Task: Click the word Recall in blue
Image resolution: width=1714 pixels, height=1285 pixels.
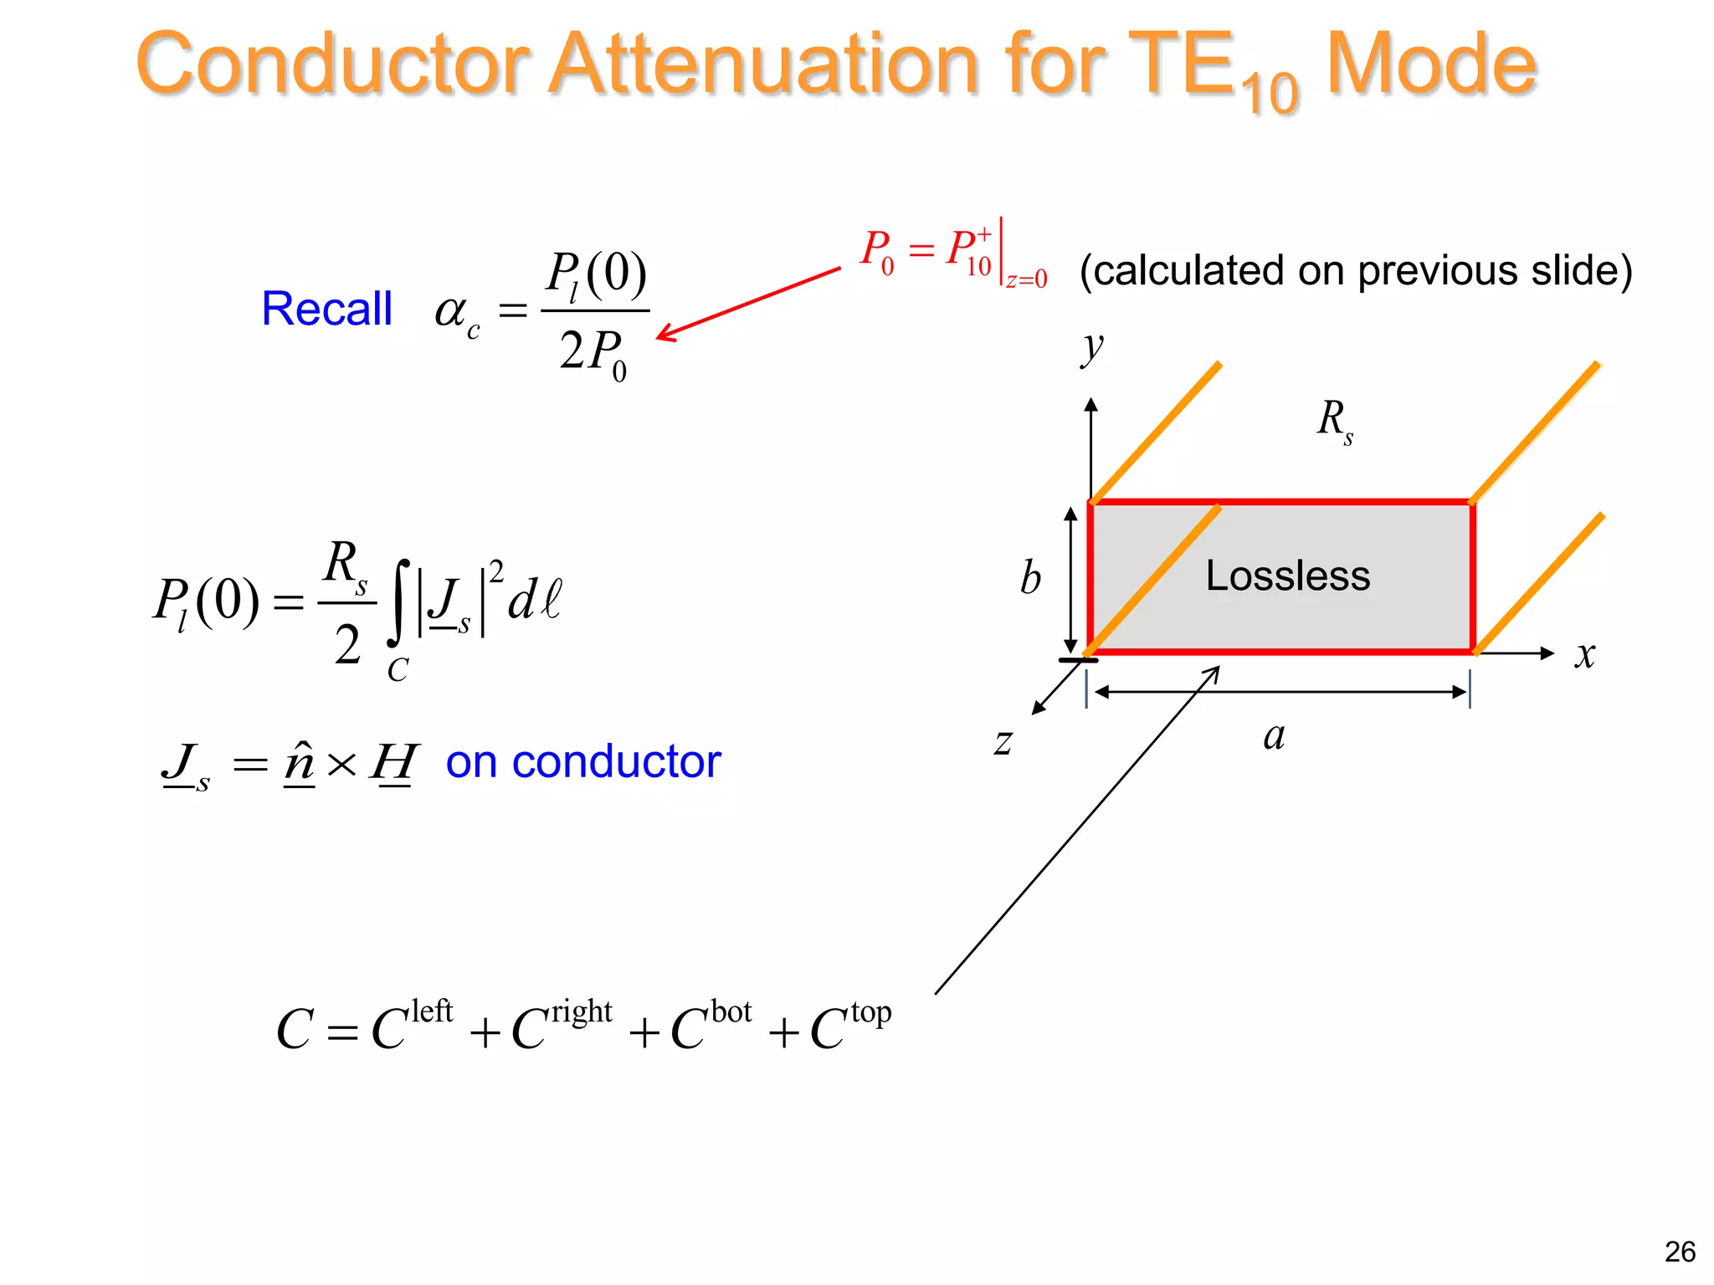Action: pos(326,309)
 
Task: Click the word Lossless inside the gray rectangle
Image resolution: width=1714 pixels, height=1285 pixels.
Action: pos(1288,576)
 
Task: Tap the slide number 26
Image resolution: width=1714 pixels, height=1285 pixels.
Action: pos(1680,1252)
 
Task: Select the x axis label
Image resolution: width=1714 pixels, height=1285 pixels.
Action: pos(1584,654)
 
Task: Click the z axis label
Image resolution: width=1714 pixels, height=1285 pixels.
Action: pos(1003,741)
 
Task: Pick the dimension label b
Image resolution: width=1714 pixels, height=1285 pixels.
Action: pos(1030,578)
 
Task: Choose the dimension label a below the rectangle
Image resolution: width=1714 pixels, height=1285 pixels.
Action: pos(1274,736)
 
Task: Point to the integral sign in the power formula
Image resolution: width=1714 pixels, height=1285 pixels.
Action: pos(400,602)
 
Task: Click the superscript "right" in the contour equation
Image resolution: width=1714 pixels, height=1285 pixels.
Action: pos(582,1011)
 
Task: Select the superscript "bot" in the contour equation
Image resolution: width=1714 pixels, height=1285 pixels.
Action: pos(731,1011)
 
